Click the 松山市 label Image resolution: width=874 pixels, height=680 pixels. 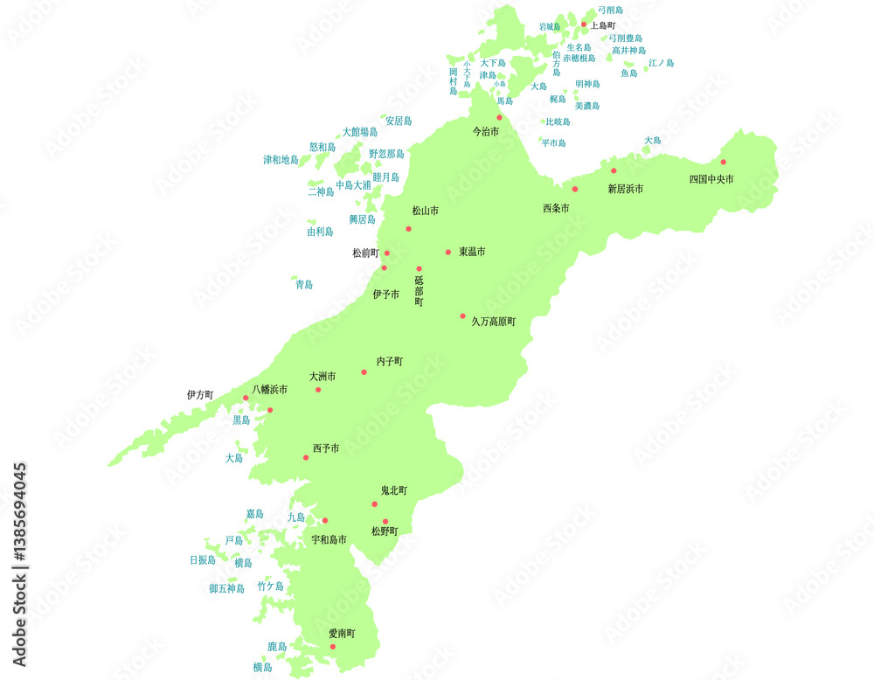pyautogui.click(x=426, y=211)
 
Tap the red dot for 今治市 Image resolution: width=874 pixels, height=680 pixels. pyautogui.click(x=500, y=117)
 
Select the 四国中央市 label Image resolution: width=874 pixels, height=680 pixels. pyautogui.click(x=711, y=179)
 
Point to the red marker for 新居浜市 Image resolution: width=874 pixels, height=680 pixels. pyautogui.click(x=614, y=170)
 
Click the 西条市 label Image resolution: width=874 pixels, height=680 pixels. pyautogui.click(x=556, y=208)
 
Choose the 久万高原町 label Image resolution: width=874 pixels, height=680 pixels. pyautogui.click(x=494, y=322)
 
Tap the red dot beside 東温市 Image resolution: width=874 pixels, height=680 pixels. pyautogui.click(x=448, y=252)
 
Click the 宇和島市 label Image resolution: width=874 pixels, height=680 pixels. pyautogui.click(x=329, y=540)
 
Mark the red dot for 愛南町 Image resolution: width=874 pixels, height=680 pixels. pyautogui.click(x=332, y=647)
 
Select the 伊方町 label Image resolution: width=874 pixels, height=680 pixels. pyautogui.click(x=200, y=395)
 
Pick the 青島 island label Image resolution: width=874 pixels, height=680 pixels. pyautogui.click(x=304, y=285)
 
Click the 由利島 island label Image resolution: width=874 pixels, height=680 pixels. pyautogui.click(x=320, y=232)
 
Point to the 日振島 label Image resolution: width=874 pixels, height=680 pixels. pyautogui.click(x=203, y=560)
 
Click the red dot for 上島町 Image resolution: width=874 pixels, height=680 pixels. pyautogui.click(x=584, y=24)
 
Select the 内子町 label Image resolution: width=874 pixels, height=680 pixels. pyautogui.click(x=390, y=361)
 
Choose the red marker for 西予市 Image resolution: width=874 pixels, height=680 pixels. pyautogui.click(x=306, y=457)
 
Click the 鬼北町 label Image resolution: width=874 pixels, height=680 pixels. pyautogui.click(x=393, y=490)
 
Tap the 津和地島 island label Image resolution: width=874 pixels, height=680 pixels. pyautogui.click(x=281, y=160)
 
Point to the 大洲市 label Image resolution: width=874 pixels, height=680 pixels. pyautogui.click(x=323, y=377)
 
